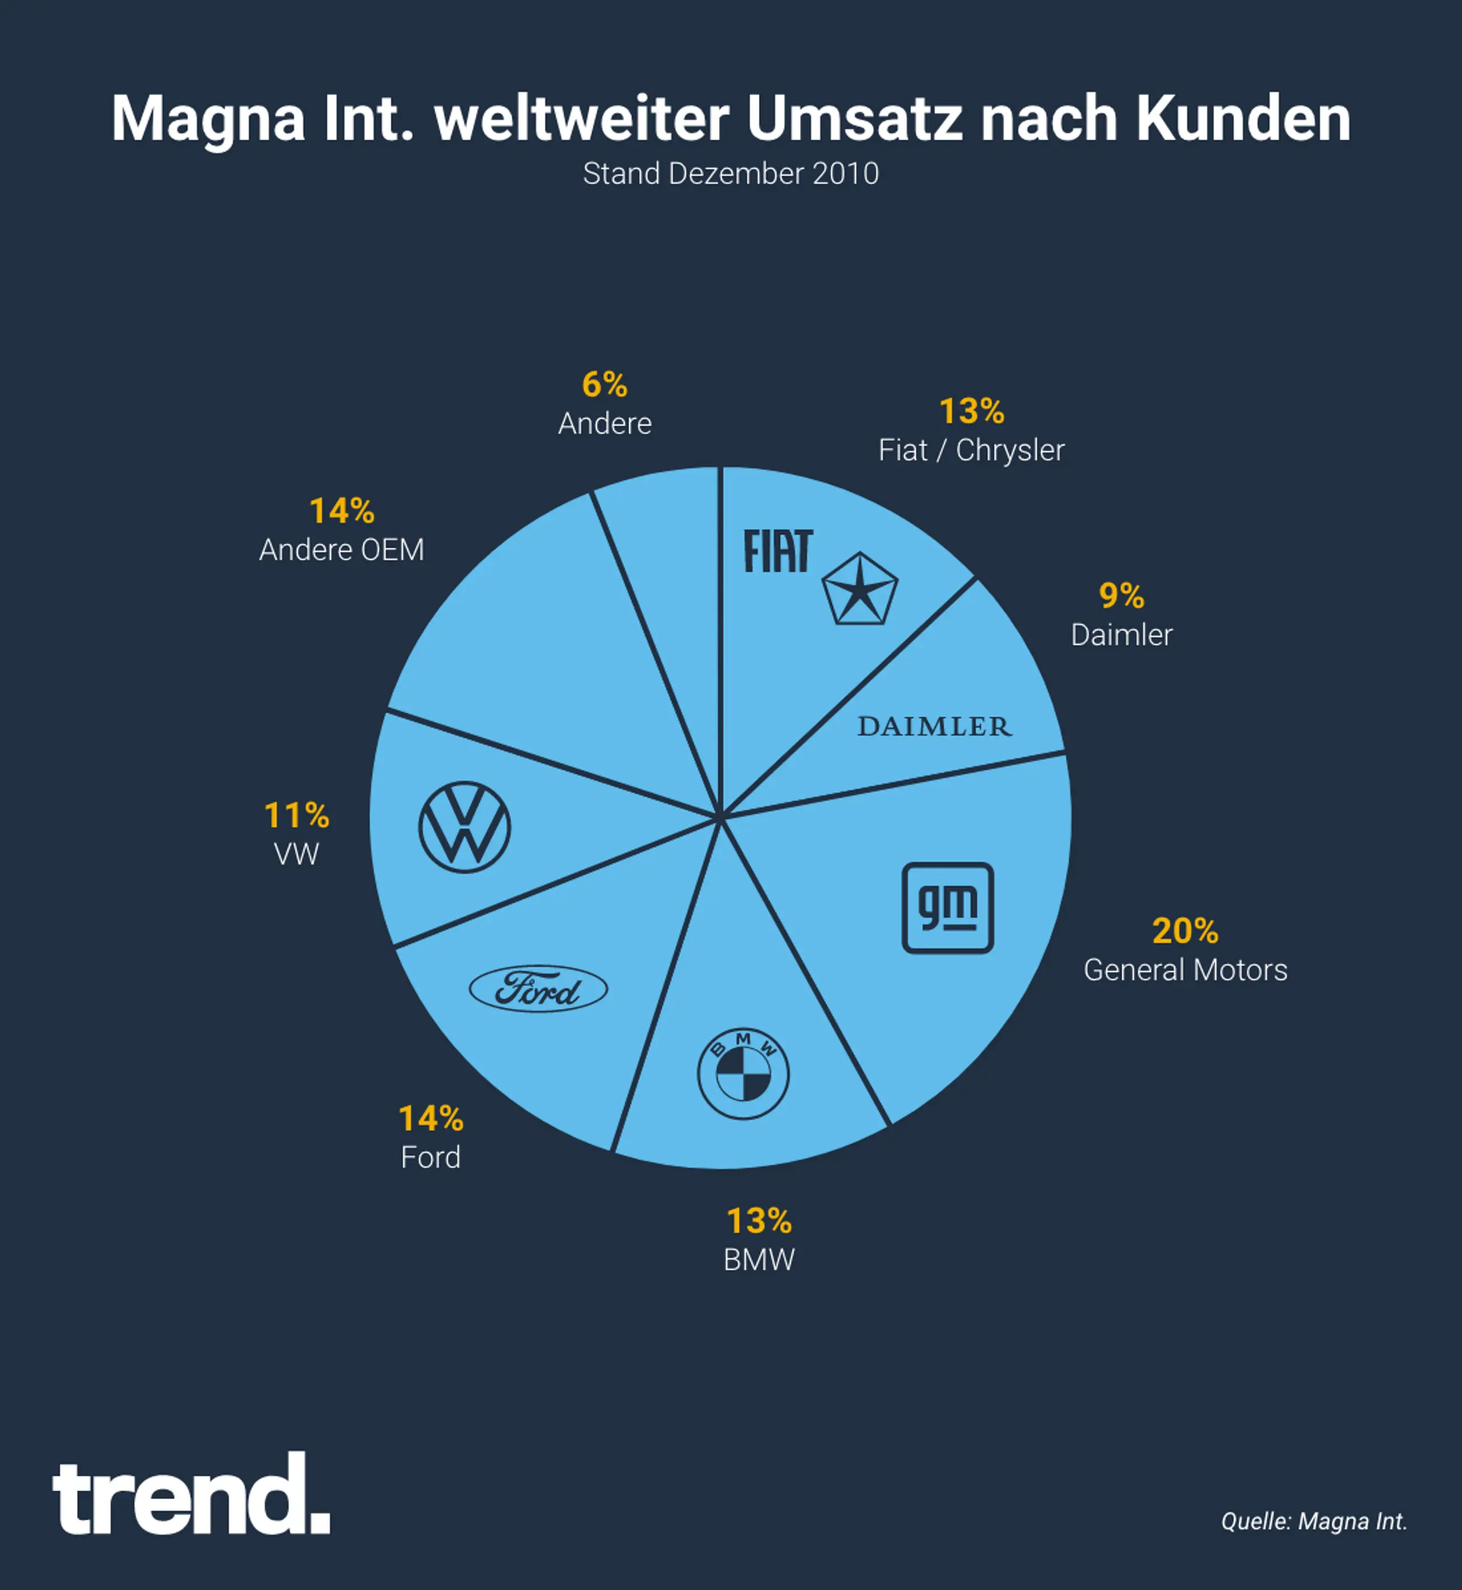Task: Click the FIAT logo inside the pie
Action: click(x=778, y=552)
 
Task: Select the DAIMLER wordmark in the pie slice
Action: click(x=934, y=727)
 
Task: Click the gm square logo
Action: click(x=948, y=908)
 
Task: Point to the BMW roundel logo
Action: click(x=743, y=1074)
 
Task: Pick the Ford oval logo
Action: click(x=538, y=988)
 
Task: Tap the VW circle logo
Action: click(x=464, y=827)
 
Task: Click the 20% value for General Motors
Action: click(x=1184, y=931)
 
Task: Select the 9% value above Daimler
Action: click(x=1121, y=596)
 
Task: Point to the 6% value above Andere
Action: click(x=604, y=386)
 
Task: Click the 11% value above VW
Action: click(x=296, y=815)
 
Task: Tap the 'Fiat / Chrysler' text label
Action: click(x=971, y=450)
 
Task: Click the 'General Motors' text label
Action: click(x=1185, y=970)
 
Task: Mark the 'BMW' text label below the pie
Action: click(x=758, y=1260)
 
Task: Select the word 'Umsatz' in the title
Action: click(x=854, y=119)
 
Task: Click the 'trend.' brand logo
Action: click(x=191, y=1496)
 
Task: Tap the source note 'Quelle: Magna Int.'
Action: click(x=1314, y=1521)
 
